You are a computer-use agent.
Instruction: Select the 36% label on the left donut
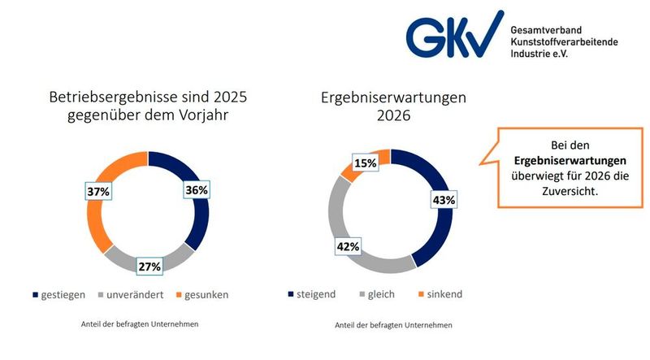pos(197,189)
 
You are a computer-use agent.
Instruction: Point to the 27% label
pos(150,265)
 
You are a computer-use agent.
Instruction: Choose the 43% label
pos(444,199)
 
